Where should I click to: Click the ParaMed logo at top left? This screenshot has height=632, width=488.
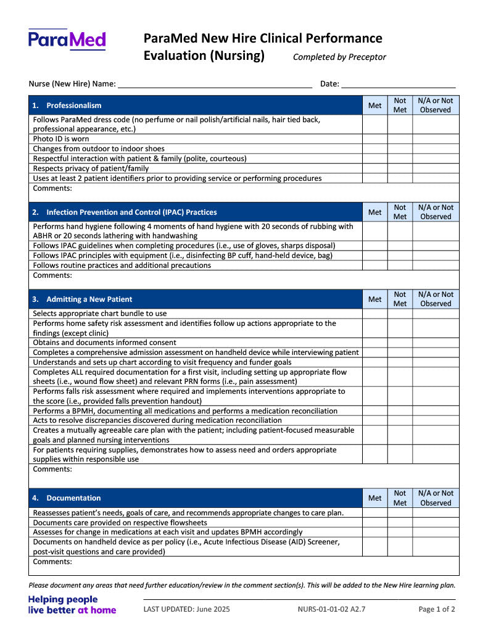click(x=67, y=40)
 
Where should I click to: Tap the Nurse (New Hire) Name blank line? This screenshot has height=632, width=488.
click(x=215, y=84)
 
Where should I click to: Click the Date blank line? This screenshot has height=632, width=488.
click(x=398, y=84)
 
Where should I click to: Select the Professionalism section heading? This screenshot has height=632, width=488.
click(x=74, y=106)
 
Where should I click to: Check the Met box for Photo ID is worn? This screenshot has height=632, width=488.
click(x=374, y=139)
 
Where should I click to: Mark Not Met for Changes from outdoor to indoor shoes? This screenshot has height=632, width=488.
click(x=400, y=149)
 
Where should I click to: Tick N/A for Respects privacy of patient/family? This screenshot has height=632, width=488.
click(x=436, y=168)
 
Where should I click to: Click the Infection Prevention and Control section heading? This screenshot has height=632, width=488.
click(x=131, y=212)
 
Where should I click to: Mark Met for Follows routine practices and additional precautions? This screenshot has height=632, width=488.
click(x=374, y=265)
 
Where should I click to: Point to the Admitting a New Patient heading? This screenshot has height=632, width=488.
click(x=89, y=299)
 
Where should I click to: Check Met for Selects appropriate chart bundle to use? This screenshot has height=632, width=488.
click(x=374, y=314)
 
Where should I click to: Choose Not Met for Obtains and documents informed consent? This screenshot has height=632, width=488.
click(x=400, y=343)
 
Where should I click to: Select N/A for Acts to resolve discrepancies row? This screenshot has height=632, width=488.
click(x=436, y=420)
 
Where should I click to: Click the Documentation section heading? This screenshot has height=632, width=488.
click(x=73, y=498)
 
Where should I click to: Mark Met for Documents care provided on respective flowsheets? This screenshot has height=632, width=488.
click(x=374, y=522)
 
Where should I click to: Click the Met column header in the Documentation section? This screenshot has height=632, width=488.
click(x=374, y=498)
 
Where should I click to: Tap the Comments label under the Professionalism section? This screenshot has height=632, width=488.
click(x=52, y=188)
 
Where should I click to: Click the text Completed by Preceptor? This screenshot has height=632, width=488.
click(x=339, y=57)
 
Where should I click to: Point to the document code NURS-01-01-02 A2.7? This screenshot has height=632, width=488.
click(x=331, y=609)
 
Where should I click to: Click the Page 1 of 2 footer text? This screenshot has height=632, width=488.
click(x=437, y=609)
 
